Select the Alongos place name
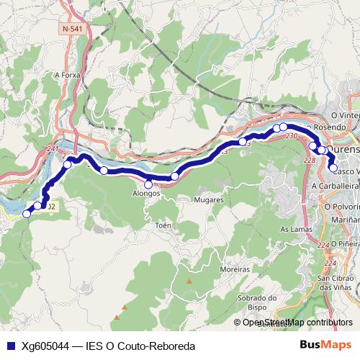146,194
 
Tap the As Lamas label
294,229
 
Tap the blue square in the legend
10,346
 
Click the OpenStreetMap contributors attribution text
297,323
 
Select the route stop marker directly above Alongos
148,184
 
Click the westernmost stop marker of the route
27,213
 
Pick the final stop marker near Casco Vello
333,168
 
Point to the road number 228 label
310,160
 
